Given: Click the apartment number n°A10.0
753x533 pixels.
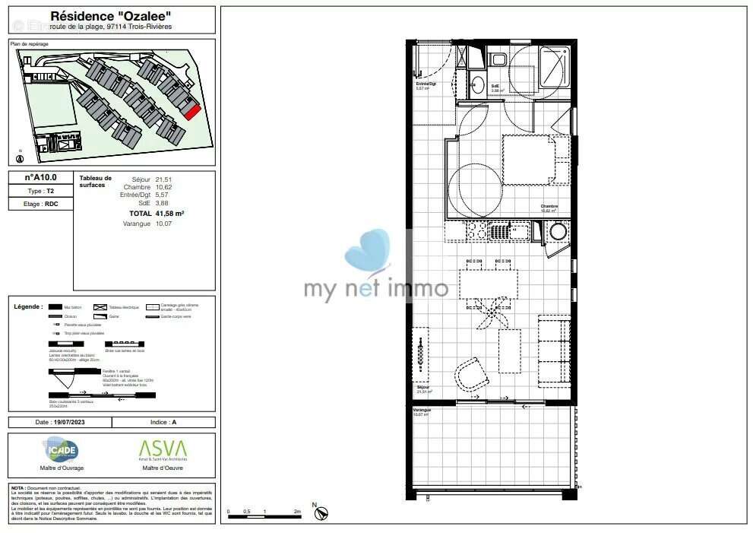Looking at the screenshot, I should (41, 178).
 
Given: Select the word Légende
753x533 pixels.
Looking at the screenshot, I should (28, 306).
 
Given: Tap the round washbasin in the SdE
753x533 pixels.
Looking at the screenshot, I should (476, 84).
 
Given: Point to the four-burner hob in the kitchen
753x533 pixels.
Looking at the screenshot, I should (476, 230).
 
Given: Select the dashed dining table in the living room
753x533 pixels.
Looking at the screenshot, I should (488, 285).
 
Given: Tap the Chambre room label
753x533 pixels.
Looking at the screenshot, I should (549, 206).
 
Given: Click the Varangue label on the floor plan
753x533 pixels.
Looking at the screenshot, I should (422, 410).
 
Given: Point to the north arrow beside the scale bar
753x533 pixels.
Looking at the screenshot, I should (321, 512).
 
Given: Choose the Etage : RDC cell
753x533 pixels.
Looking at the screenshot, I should (41, 204).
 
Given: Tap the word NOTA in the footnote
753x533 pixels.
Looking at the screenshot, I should (17, 487).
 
